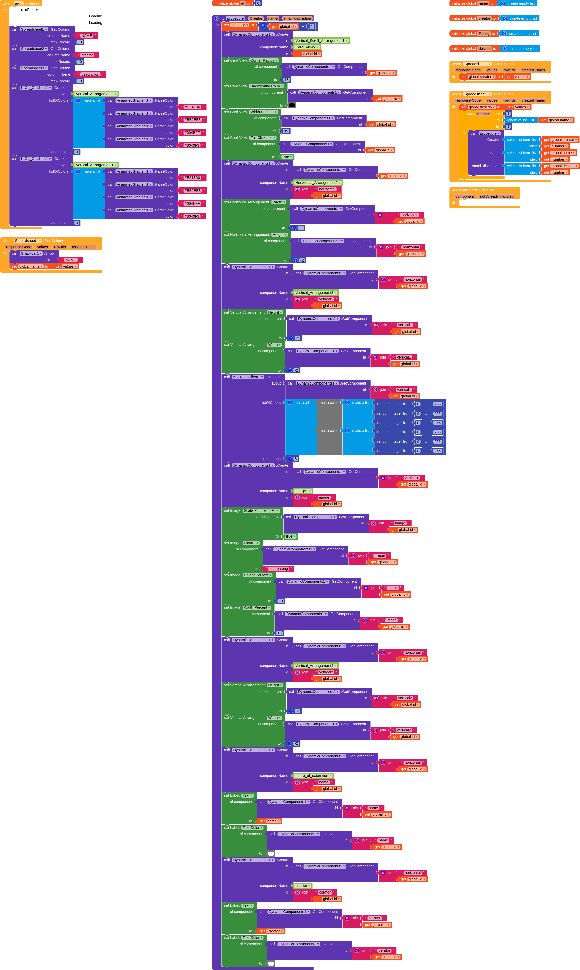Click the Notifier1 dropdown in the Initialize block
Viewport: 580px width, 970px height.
[x=29, y=10]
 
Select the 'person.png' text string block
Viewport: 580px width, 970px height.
[x=279, y=569]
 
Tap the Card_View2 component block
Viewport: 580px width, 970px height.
[x=307, y=47]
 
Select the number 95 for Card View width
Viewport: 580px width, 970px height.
[x=286, y=131]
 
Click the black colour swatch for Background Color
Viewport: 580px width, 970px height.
[x=292, y=105]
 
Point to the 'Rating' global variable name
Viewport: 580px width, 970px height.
[x=484, y=34]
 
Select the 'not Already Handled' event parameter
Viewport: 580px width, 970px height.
[x=496, y=197]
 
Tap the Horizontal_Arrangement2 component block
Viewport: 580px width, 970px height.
[x=318, y=183]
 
